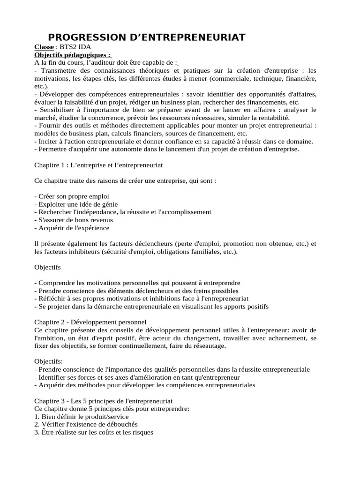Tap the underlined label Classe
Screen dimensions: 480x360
(45, 47)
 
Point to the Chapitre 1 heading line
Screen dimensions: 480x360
(98, 165)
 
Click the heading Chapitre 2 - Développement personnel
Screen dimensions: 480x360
(90, 322)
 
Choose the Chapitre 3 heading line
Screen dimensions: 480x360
(104, 401)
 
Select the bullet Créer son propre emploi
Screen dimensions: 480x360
(74, 196)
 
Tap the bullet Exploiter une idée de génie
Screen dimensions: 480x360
(76, 204)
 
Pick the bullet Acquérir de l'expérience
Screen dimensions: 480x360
(72, 228)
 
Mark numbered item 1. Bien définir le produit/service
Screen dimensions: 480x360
(82, 417)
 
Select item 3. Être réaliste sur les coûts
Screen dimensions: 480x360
(94, 433)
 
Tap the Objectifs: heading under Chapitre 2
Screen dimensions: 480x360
(48, 361)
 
